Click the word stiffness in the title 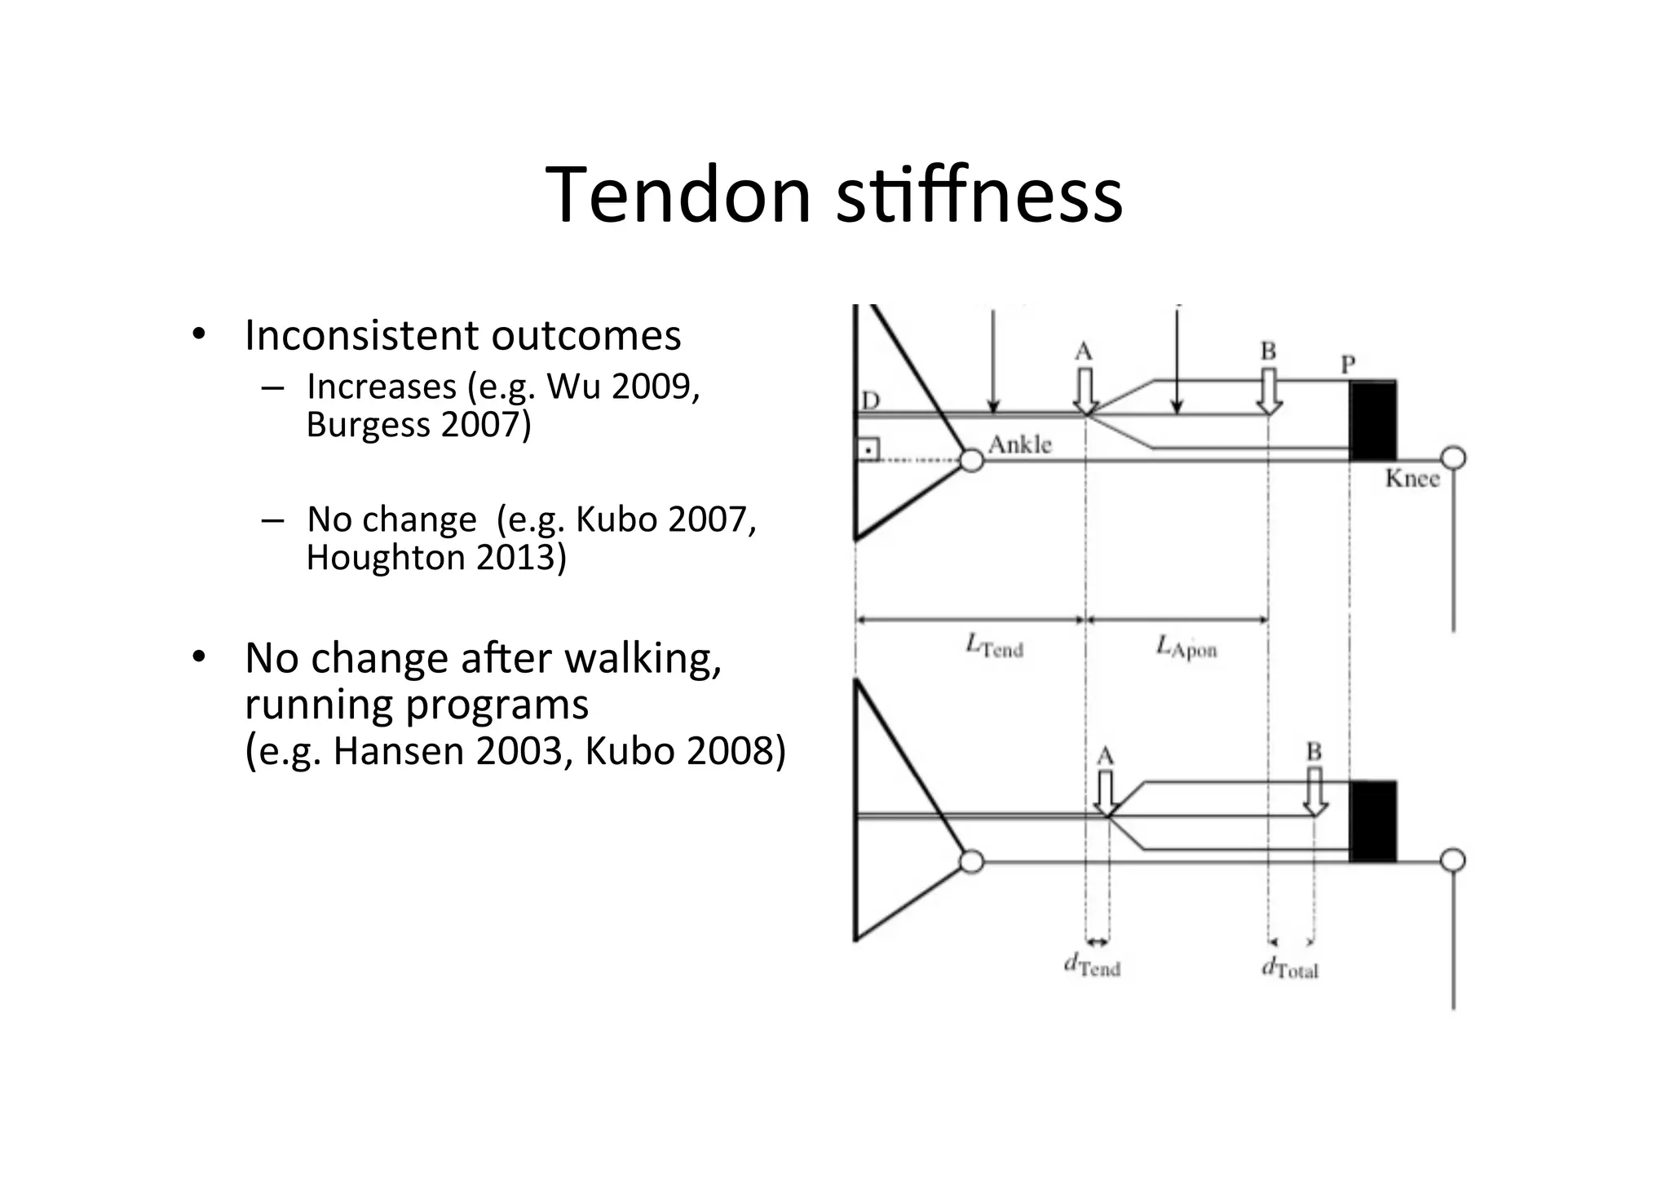(x=980, y=195)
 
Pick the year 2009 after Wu (x=650, y=387)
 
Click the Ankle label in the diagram (x=1019, y=445)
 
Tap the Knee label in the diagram (x=1412, y=479)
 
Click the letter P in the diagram (x=1349, y=365)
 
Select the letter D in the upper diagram (x=871, y=400)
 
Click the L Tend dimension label (x=994, y=647)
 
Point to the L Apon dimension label (x=1186, y=648)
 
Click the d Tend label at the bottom (x=1092, y=966)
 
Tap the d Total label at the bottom (x=1289, y=968)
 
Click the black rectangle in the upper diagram (x=1372, y=421)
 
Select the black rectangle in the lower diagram (x=1372, y=821)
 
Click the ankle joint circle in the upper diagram (x=971, y=461)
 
